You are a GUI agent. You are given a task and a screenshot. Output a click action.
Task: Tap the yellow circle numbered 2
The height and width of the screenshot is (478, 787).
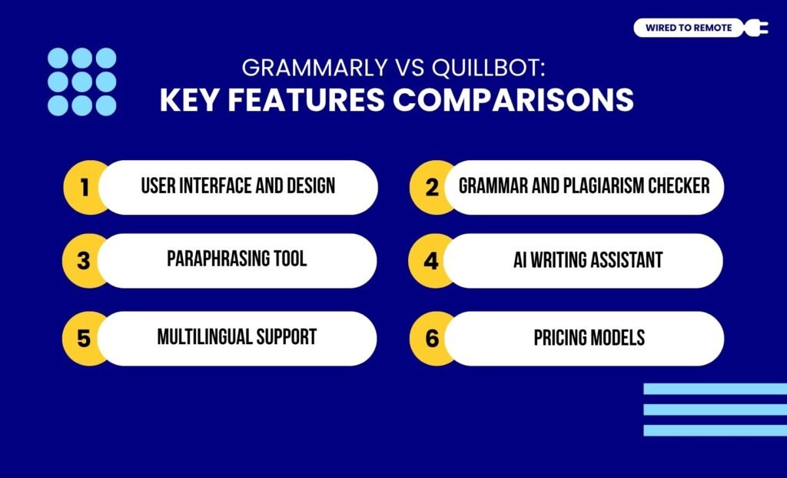click(x=430, y=187)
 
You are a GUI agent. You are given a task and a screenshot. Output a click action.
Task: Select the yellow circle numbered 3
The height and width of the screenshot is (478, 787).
click(x=83, y=261)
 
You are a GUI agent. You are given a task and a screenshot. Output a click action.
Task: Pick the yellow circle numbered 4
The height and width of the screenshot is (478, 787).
click(x=430, y=261)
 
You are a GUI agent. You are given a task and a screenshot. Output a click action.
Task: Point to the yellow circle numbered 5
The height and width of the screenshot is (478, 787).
click(x=83, y=338)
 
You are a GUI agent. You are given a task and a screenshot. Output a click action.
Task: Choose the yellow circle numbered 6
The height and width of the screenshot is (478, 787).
click(x=430, y=338)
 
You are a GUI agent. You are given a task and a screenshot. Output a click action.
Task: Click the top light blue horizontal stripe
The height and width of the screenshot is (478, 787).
click(x=715, y=389)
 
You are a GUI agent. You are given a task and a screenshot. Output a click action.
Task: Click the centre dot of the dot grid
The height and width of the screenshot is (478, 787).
click(x=82, y=82)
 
